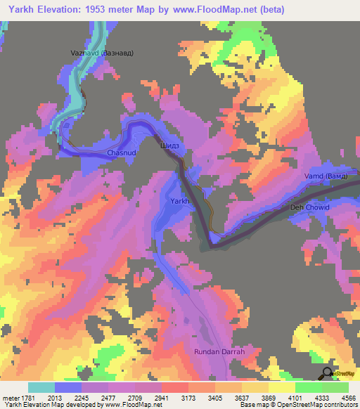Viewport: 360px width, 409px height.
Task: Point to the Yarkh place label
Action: coord(180,202)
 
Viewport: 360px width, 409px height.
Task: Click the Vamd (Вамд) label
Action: coord(324,176)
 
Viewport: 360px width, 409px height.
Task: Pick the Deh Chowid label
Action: coord(309,208)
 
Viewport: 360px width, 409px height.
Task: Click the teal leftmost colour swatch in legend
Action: coord(41,387)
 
